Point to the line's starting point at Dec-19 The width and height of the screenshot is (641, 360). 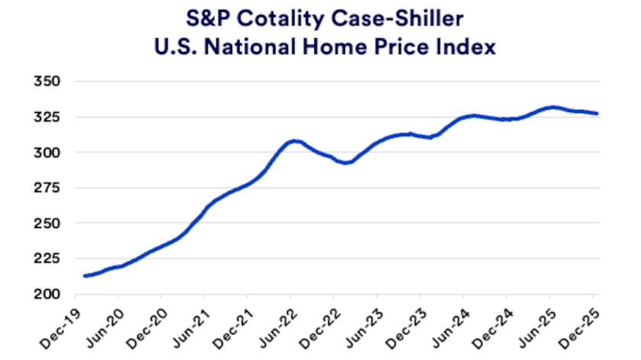pyautogui.click(x=84, y=275)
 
